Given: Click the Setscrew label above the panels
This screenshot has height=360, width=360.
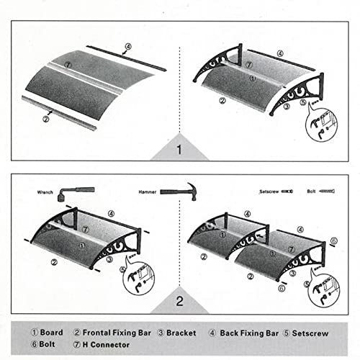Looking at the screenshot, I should (269, 192).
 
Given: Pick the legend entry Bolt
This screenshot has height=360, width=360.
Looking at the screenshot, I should (45, 344).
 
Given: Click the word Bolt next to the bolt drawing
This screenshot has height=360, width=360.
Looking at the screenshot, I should (310, 192).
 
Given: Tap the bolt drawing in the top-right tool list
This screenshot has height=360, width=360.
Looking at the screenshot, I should (328, 192).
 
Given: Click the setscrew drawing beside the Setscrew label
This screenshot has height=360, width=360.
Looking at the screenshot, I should (288, 192).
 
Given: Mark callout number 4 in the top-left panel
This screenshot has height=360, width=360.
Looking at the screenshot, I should (127, 49).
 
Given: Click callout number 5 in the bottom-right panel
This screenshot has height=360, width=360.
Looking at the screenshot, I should (333, 241).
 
